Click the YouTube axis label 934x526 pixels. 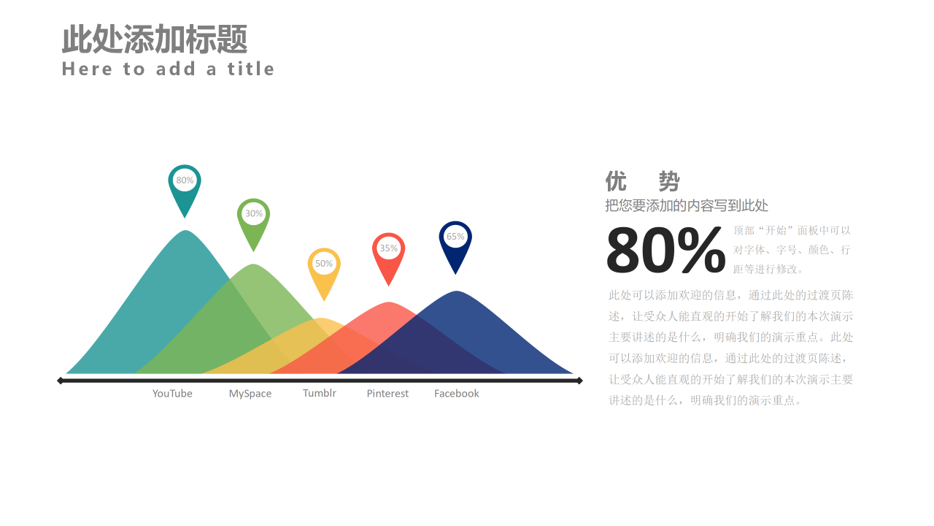[172, 394]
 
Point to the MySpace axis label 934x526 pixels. [250, 394]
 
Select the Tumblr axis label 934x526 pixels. [320, 393]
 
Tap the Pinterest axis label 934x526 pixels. [387, 394]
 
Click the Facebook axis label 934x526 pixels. [457, 394]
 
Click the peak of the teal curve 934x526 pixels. [186, 232]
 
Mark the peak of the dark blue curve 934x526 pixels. [457, 293]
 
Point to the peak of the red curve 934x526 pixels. [389, 304]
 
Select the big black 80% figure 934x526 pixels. [665, 251]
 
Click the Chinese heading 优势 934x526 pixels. [642, 181]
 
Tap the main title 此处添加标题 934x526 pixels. [155, 39]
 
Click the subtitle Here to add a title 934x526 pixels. [168, 69]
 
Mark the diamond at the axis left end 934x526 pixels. [61, 381]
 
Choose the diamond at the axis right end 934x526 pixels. [579, 381]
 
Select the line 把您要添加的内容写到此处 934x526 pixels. [687, 206]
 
